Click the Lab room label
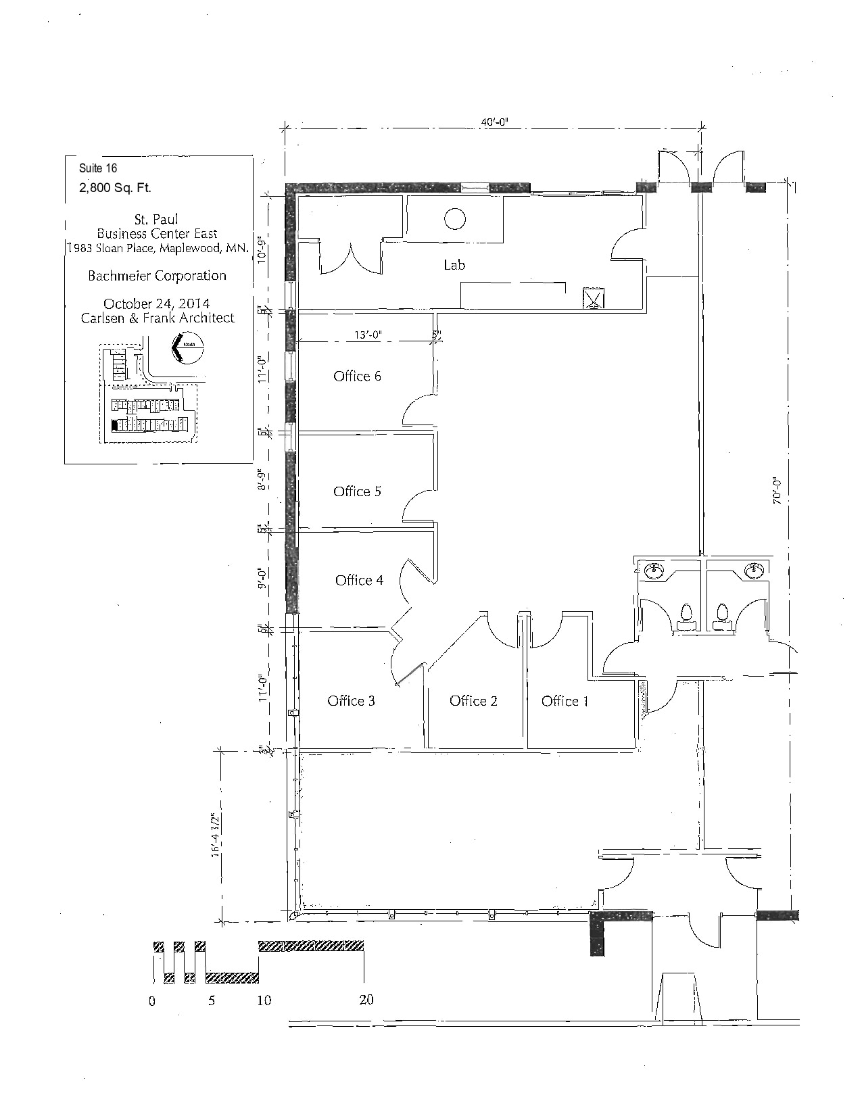pyautogui.click(x=454, y=265)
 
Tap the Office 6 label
pyautogui.click(x=357, y=377)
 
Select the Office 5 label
pyautogui.click(x=357, y=491)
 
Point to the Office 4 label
pyautogui.click(x=359, y=580)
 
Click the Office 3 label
pyautogui.click(x=351, y=701)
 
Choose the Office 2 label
pyautogui.click(x=473, y=701)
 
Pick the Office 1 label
pyautogui.click(x=565, y=701)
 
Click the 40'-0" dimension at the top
pyautogui.click(x=494, y=122)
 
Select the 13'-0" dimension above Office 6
pyautogui.click(x=368, y=335)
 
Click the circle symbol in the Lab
pyautogui.click(x=454, y=218)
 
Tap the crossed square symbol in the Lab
pyautogui.click(x=593, y=298)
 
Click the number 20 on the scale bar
pyautogui.click(x=366, y=1000)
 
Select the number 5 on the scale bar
pyautogui.click(x=212, y=1000)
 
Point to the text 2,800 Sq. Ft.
pyautogui.click(x=115, y=188)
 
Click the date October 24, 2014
pyautogui.click(x=156, y=304)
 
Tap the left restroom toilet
pyautogui.click(x=687, y=613)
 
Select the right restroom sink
pyautogui.click(x=753, y=571)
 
